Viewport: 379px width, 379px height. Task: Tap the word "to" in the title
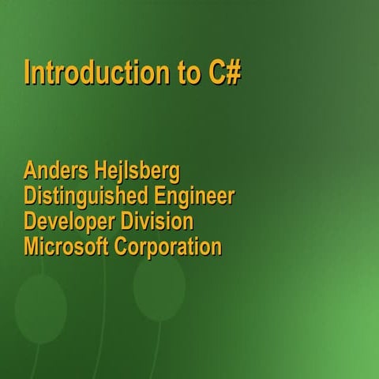click(187, 72)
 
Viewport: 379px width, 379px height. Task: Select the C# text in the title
click(224, 72)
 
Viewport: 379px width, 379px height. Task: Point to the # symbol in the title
click(234, 72)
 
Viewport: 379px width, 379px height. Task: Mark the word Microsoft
click(66, 246)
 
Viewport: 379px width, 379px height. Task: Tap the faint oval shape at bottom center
click(159, 283)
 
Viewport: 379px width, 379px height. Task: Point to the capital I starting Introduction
click(28, 72)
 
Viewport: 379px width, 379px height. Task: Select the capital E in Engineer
click(159, 197)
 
